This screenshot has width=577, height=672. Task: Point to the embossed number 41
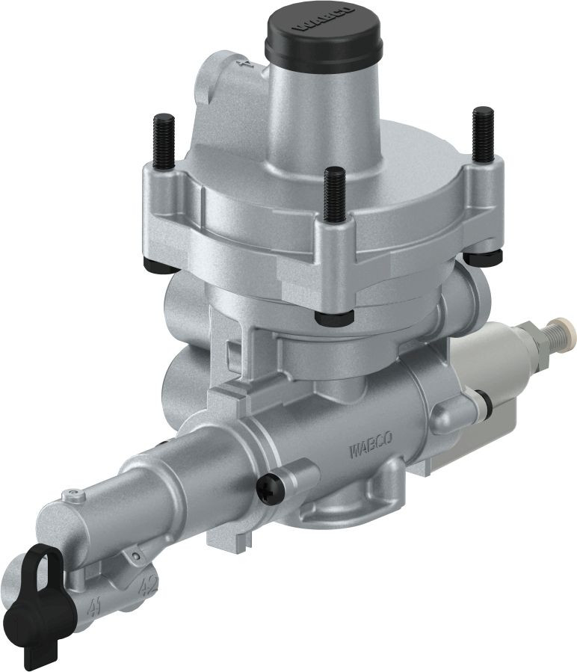[95, 603]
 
